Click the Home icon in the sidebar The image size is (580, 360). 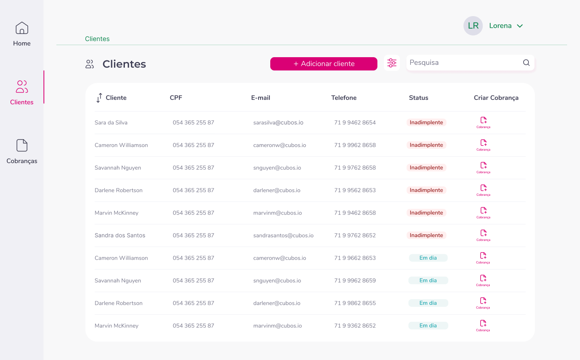(x=22, y=28)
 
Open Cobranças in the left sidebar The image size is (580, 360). (x=22, y=151)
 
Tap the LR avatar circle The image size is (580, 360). (x=473, y=26)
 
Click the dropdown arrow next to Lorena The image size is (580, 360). (x=520, y=26)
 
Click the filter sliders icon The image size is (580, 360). (x=392, y=63)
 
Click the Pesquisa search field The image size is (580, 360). (x=463, y=63)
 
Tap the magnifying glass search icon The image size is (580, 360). (x=526, y=63)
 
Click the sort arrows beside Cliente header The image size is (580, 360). (x=99, y=98)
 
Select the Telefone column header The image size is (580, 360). (x=344, y=98)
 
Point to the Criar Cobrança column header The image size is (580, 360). (x=496, y=98)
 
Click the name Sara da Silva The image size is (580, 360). (x=111, y=123)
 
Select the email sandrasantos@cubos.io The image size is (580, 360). (x=283, y=236)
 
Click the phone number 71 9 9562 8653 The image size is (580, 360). (x=355, y=190)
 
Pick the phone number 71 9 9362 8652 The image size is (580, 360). (x=355, y=326)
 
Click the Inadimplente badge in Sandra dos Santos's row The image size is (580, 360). (x=426, y=236)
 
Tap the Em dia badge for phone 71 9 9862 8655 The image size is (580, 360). (x=428, y=303)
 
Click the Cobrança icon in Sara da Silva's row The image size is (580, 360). (x=483, y=122)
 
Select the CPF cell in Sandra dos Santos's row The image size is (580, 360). (x=193, y=236)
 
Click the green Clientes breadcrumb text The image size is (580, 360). (x=97, y=39)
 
